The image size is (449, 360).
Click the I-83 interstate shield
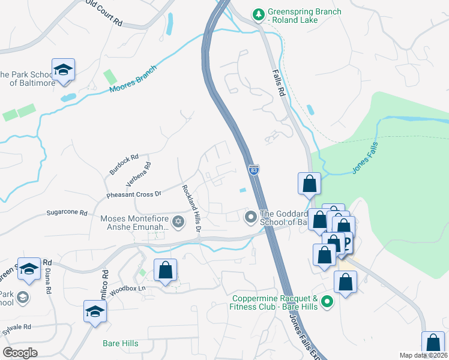254,170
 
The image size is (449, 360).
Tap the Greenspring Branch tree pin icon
258,13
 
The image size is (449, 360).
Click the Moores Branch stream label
133,80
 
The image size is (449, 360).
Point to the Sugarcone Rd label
67,213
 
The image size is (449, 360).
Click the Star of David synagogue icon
177,223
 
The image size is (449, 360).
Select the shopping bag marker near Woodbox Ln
165,271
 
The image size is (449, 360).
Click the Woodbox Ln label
133,289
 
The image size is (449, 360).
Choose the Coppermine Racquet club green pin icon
327,302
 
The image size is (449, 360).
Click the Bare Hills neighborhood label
120,344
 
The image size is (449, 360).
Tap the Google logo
20,353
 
